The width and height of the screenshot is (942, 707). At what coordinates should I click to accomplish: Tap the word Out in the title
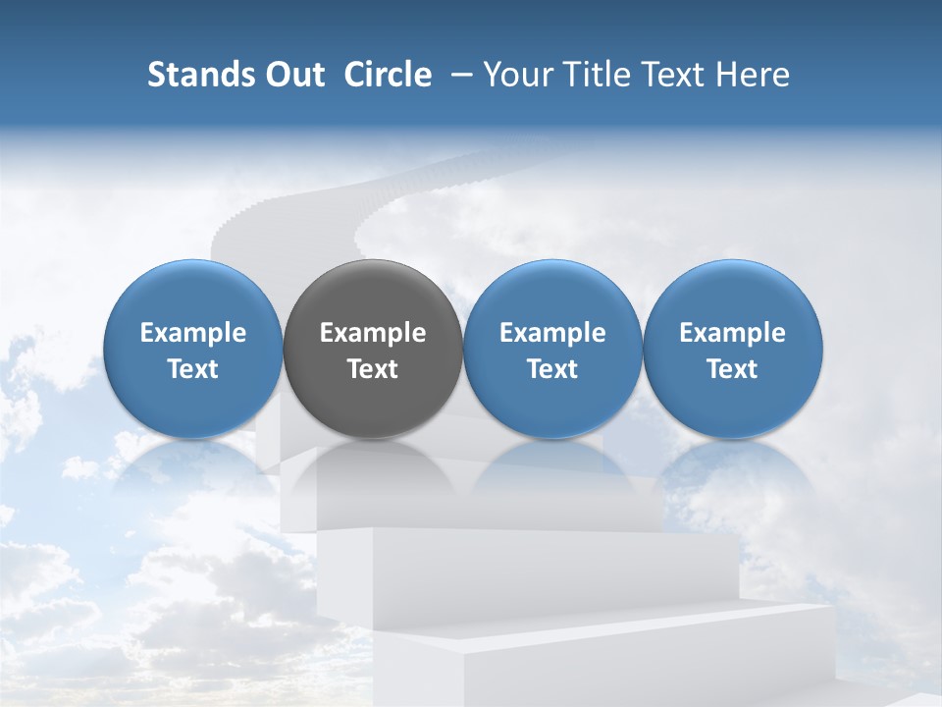tap(293, 75)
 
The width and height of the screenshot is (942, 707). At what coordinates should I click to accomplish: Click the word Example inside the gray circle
tap(373, 333)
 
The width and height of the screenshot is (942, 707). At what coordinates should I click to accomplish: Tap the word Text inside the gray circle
tap(373, 369)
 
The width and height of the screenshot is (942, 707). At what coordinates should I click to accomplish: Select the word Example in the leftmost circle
tap(193, 333)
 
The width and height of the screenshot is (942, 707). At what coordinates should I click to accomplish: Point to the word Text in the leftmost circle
tap(193, 369)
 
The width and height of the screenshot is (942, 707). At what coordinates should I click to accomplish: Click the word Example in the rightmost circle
tap(733, 333)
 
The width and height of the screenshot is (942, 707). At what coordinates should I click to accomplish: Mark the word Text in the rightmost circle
tap(733, 369)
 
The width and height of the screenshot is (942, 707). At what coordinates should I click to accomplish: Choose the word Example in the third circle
tap(552, 333)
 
